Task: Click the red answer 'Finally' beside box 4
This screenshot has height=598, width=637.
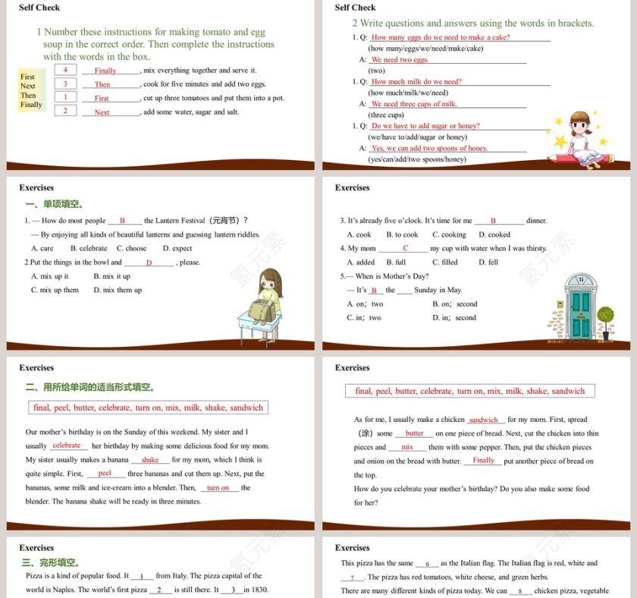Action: click(x=105, y=71)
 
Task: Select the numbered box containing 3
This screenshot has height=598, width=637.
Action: click(x=65, y=83)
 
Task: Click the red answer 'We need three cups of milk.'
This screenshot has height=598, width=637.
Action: click(x=414, y=104)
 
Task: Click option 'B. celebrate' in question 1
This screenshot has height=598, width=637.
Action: click(x=89, y=248)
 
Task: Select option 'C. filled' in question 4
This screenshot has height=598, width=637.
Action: click(x=445, y=262)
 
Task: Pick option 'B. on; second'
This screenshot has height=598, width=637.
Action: click(x=455, y=304)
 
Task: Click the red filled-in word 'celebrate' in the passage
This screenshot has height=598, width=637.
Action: click(x=67, y=445)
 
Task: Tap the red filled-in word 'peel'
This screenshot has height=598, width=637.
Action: click(x=105, y=473)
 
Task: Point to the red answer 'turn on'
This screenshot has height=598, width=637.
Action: click(x=218, y=488)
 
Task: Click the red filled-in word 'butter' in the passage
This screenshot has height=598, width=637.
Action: click(x=414, y=433)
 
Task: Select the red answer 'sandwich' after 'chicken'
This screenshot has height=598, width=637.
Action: click(x=483, y=420)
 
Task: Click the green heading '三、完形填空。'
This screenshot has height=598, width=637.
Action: click(x=52, y=562)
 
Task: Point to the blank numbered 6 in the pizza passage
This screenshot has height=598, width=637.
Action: click(x=427, y=564)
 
